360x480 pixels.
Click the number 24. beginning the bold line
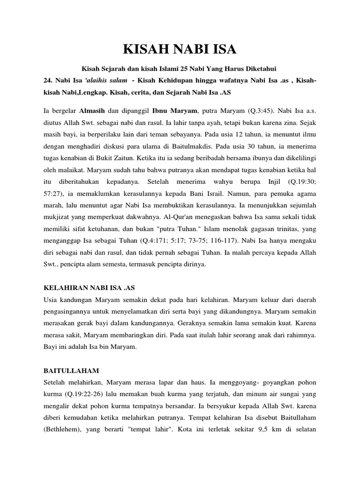47,80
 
